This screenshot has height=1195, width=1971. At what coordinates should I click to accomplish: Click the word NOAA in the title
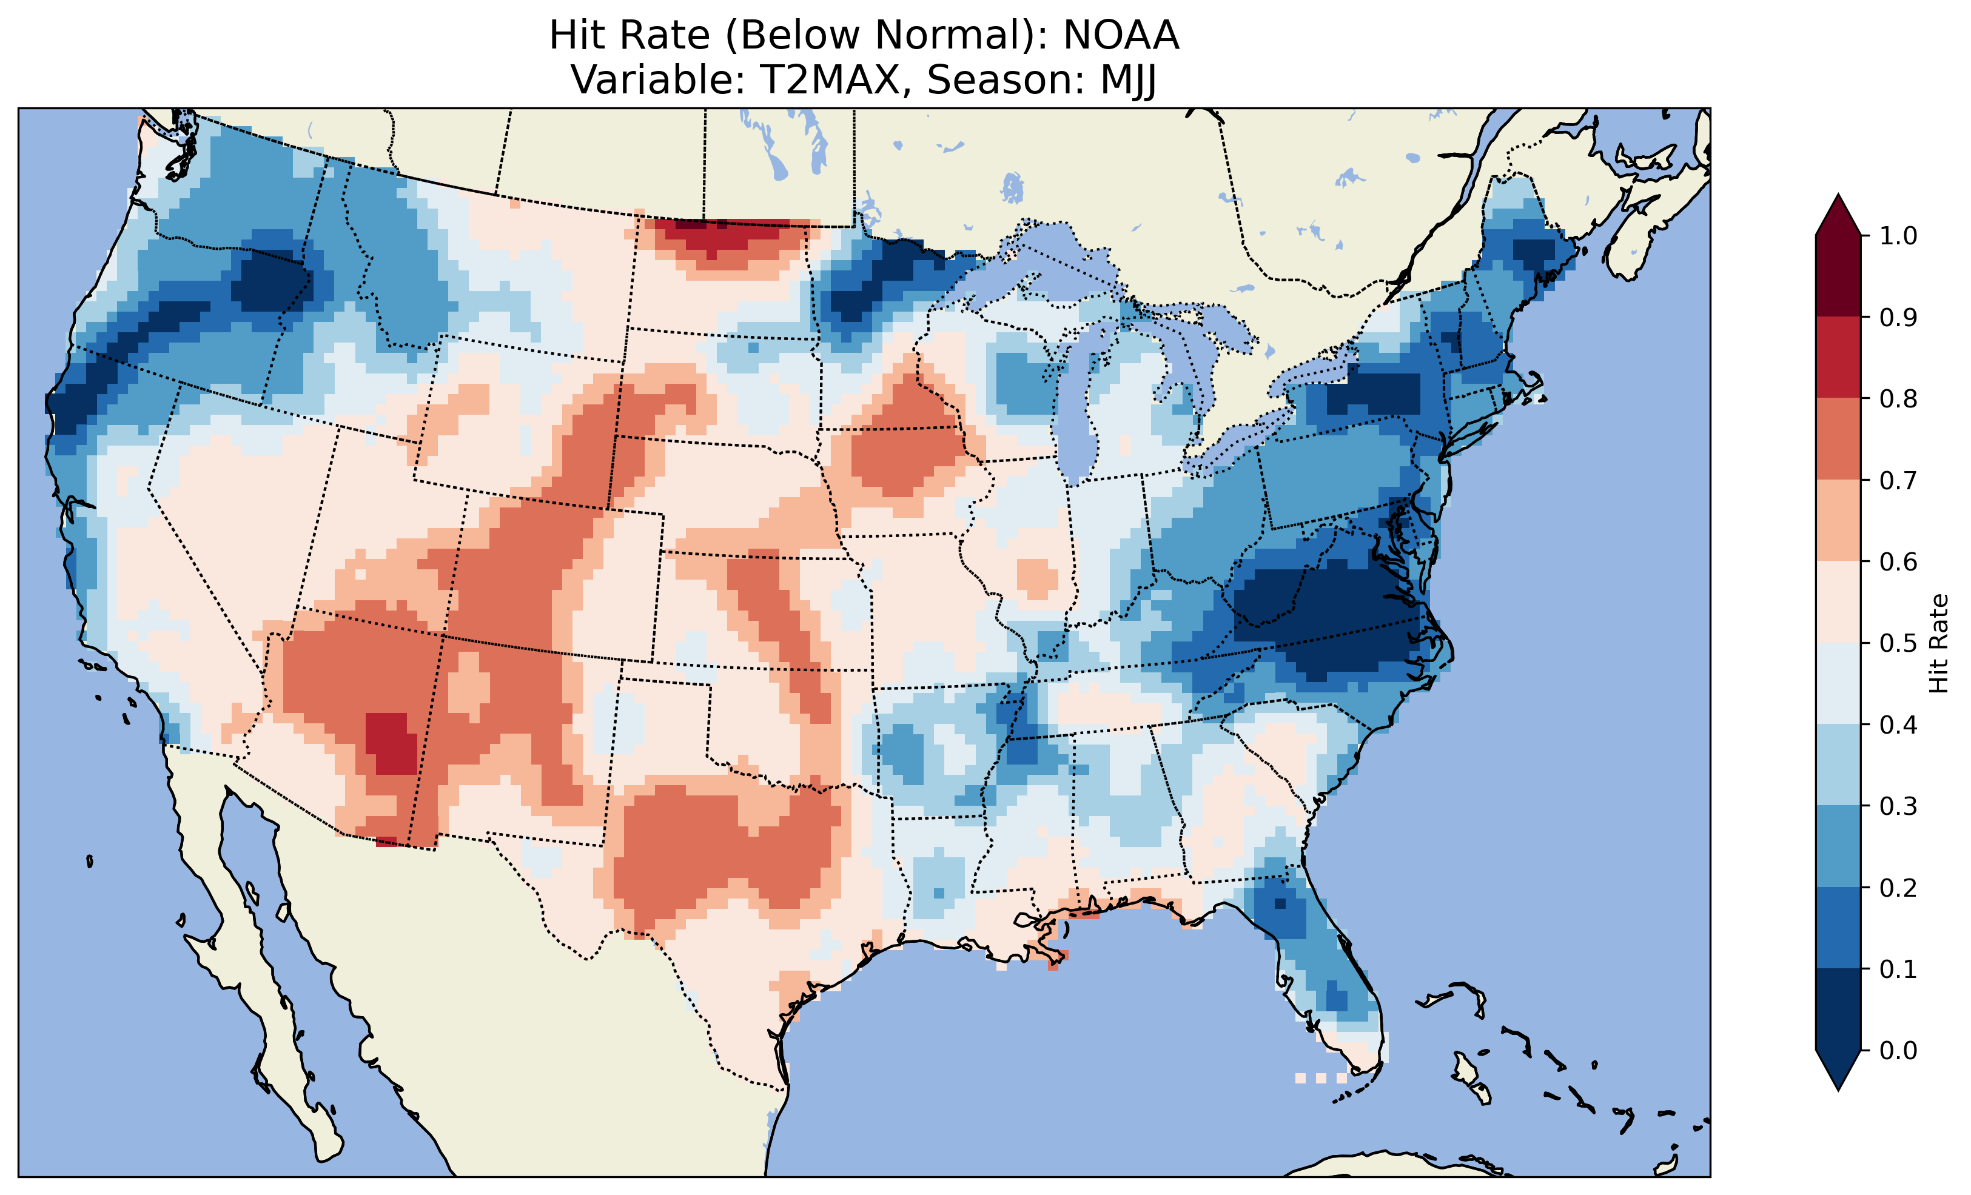click(x=1121, y=36)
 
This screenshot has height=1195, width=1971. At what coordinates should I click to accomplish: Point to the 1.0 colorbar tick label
click(x=1898, y=236)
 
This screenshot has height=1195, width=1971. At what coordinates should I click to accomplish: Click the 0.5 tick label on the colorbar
click(x=1898, y=643)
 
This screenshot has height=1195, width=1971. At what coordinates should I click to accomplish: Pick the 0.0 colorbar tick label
click(x=1898, y=1050)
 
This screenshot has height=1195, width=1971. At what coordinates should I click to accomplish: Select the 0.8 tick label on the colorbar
click(x=1898, y=398)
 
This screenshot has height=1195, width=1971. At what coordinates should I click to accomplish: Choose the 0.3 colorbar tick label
click(x=1898, y=806)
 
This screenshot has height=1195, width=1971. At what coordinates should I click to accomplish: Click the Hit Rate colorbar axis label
click(x=1938, y=643)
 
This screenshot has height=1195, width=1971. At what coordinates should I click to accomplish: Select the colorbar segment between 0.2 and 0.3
click(x=1838, y=846)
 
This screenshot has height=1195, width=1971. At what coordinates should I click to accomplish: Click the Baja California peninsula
click(x=240, y=920)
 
